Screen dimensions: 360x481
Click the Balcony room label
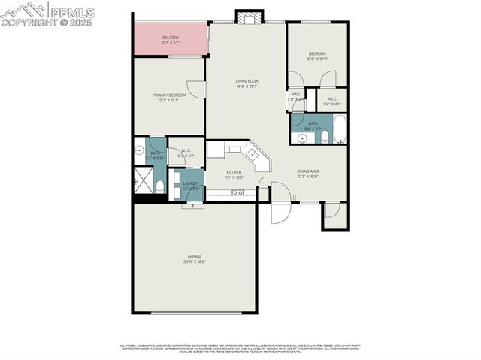point(171,37)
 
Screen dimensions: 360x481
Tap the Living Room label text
point(247,81)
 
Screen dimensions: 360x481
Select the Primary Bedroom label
point(168,95)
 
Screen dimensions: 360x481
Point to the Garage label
point(195,256)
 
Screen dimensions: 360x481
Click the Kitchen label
point(234,172)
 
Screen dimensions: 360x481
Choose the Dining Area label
point(309,172)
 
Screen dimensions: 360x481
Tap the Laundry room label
point(190,183)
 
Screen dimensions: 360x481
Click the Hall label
point(296,94)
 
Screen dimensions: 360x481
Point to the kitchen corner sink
point(253,156)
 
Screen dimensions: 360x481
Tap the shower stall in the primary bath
point(141,180)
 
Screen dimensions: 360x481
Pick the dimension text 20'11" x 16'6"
point(195,262)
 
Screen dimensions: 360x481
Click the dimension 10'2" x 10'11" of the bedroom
point(316,59)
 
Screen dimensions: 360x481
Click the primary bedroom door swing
point(197,88)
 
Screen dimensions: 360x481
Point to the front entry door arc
point(279,213)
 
